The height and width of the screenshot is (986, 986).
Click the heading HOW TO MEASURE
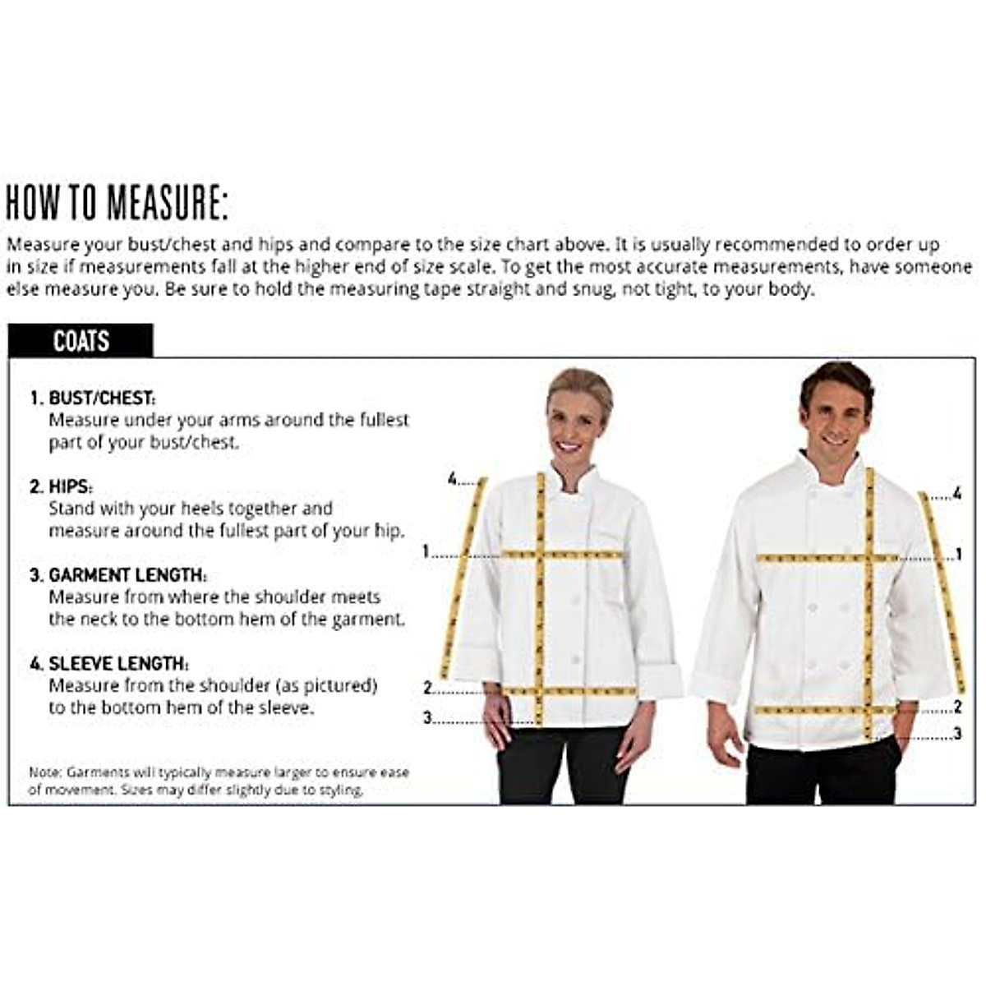(117, 203)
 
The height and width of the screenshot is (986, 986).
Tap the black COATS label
(81, 341)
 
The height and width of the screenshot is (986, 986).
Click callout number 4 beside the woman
(452, 478)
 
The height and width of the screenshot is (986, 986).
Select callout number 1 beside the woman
(426, 551)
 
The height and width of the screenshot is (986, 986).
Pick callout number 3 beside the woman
(427, 718)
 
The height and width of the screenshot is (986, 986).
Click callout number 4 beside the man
(957, 494)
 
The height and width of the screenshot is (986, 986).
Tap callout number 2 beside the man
(957, 707)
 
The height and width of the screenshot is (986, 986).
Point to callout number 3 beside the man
(957, 733)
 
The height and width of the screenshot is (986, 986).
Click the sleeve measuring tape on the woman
(464, 575)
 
